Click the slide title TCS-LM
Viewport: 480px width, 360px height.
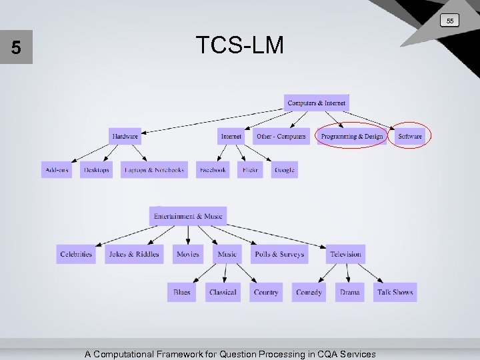240,45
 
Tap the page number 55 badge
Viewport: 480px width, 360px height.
450,21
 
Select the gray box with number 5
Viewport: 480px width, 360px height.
16,48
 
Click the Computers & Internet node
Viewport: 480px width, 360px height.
317,103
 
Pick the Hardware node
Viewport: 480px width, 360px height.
125,136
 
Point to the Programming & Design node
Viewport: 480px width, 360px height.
352,136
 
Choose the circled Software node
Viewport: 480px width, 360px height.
410,136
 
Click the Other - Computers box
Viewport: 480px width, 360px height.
281,136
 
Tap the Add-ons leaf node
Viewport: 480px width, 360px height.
57,170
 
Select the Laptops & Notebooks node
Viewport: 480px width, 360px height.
154,170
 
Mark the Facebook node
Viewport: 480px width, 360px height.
213,170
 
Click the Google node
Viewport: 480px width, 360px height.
284,170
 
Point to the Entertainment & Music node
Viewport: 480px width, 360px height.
188,216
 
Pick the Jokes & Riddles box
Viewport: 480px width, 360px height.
134,254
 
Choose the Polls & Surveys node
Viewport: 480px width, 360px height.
279,254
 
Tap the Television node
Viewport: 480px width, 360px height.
345,254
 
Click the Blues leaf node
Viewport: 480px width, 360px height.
181,292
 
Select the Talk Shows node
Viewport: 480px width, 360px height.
395,292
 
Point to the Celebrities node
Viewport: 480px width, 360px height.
76,254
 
